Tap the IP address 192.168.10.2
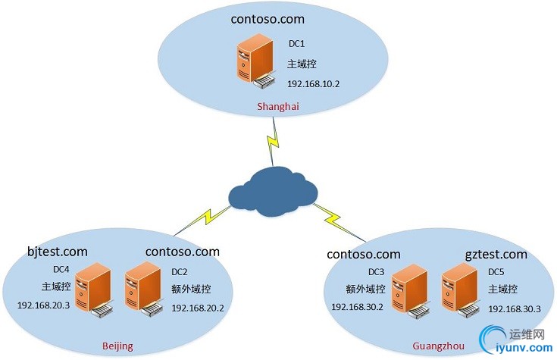click(x=314, y=83)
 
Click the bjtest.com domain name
click(x=57, y=251)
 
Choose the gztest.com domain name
click(x=496, y=254)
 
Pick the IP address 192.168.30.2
click(x=358, y=307)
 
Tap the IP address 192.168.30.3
click(x=514, y=308)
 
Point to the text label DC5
click(x=496, y=271)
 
